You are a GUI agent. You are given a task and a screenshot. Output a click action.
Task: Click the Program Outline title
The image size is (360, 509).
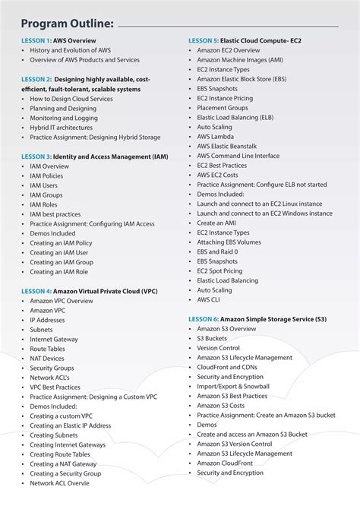(x=68, y=24)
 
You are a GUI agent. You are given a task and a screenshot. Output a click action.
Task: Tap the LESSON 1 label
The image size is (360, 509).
(x=36, y=40)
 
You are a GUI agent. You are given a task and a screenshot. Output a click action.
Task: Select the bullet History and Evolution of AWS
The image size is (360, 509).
(x=70, y=49)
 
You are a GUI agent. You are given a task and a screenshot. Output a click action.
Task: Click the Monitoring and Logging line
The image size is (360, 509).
(x=64, y=118)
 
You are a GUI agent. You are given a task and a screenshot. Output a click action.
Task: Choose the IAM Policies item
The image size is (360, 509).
(x=47, y=175)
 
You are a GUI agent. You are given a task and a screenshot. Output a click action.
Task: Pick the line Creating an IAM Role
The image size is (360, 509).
(x=58, y=271)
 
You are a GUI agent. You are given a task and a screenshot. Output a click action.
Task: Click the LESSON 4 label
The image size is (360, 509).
(x=36, y=290)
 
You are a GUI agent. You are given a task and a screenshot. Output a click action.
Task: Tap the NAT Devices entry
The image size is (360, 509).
(x=47, y=358)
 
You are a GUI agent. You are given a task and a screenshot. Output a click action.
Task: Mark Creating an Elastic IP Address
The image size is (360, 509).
(x=70, y=425)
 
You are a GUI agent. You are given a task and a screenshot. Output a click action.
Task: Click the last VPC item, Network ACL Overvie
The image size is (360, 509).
(x=59, y=483)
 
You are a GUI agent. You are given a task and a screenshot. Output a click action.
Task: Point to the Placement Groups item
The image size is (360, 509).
(x=223, y=108)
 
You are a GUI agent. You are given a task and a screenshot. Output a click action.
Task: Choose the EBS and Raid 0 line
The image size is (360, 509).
(x=217, y=251)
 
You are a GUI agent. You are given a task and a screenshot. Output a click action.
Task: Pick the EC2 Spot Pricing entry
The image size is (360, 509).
(x=220, y=271)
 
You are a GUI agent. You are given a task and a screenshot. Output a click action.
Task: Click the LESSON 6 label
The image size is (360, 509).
(x=203, y=319)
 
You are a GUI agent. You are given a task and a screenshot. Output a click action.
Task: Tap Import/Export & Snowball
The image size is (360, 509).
(x=233, y=386)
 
